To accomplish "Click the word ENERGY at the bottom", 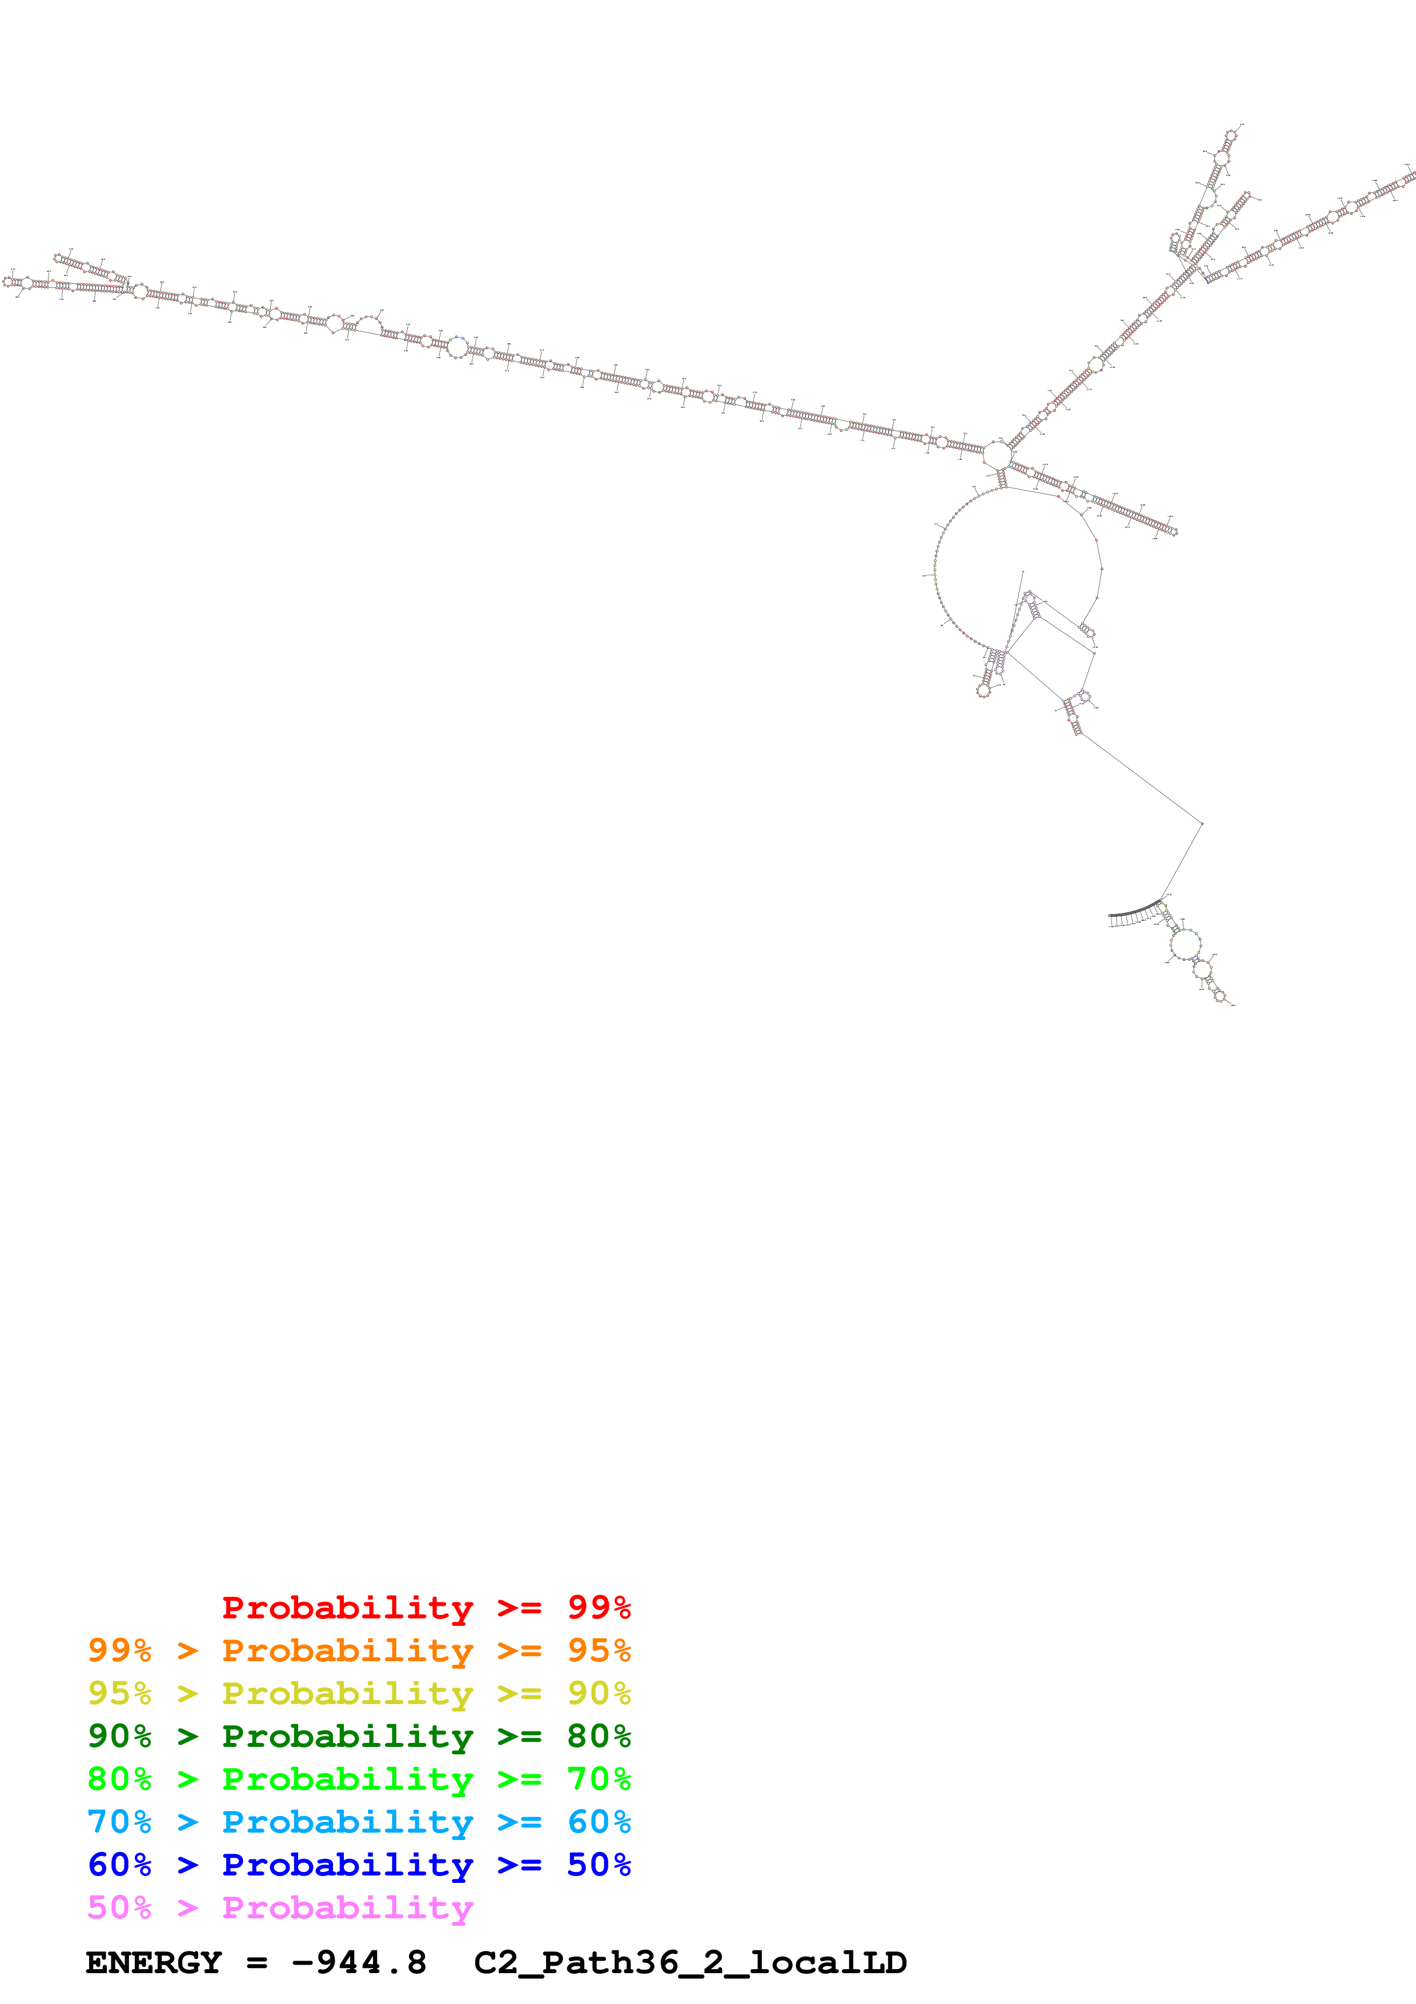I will coord(154,1963).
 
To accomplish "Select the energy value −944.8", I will coord(359,1963).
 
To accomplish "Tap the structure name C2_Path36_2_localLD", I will coord(690,1963).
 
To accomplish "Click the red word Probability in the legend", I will coord(347,1608).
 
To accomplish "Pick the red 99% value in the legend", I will coord(599,1608).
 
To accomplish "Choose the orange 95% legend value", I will coord(599,1650).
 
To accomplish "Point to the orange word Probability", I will coord(347,1650).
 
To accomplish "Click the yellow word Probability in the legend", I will coord(347,1693).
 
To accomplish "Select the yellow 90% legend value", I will coord(599,1693).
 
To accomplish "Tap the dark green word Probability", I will coord(347,1736).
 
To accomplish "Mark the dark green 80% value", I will coord(599,1736).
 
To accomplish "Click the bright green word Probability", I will coord(347,1779).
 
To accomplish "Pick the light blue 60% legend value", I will coord(599,1822).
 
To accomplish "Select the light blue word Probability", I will coord(347,1822).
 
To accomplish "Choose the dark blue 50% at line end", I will coord(599,1865).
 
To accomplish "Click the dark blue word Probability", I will coord(347,1865).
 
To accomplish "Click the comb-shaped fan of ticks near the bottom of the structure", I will coord(1135,916).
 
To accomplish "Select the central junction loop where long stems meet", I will coord(996,454).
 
